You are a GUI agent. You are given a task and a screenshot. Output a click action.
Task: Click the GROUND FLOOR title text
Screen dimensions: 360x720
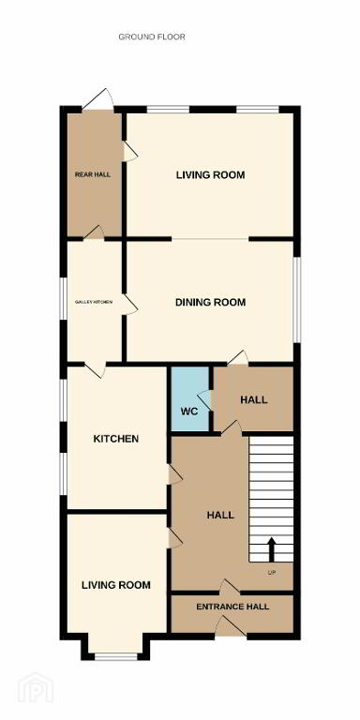tap(152, 37)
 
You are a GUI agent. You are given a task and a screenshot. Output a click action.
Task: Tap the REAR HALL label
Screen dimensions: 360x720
tap(93, 174)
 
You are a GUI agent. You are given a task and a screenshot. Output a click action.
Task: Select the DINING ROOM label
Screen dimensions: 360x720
tap(211, 302)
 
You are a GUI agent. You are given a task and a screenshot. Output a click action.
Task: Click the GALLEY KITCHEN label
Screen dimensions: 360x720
tap(94, 302)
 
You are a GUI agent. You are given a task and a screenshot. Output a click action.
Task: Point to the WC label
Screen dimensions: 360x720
tap(189, 412)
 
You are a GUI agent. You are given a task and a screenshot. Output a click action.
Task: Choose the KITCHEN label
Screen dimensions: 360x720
tap(116, 439)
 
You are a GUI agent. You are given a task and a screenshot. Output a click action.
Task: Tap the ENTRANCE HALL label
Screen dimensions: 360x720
tap(232, 607)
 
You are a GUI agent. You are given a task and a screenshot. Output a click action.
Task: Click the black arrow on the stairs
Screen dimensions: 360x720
tap(271, 549)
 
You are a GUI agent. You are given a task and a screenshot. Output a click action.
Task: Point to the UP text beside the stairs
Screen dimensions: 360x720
tap(271, 572)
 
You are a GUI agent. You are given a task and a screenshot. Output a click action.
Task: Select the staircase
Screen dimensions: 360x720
tap(271, 499)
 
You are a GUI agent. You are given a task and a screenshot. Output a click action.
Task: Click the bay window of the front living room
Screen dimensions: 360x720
tap(115, 656)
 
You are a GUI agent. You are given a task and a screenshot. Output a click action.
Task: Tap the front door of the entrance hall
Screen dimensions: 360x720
tap(231, 626)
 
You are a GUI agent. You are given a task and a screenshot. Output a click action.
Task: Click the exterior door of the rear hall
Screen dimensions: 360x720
tap(98, 99)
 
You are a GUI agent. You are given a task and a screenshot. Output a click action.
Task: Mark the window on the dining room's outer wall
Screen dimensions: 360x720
tap(297, 299)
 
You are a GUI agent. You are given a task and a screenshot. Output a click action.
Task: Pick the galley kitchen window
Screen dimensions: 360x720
tap(64, 299)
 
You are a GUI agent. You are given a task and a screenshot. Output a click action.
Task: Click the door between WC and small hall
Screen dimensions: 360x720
tap(204, 400)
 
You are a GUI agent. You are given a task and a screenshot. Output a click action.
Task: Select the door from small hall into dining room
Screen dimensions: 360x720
tap(238, 358)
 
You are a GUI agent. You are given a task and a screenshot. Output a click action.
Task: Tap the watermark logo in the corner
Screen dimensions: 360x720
tap(36, 687)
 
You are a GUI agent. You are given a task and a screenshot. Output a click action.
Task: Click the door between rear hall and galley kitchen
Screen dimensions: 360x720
tap(94, 232)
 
